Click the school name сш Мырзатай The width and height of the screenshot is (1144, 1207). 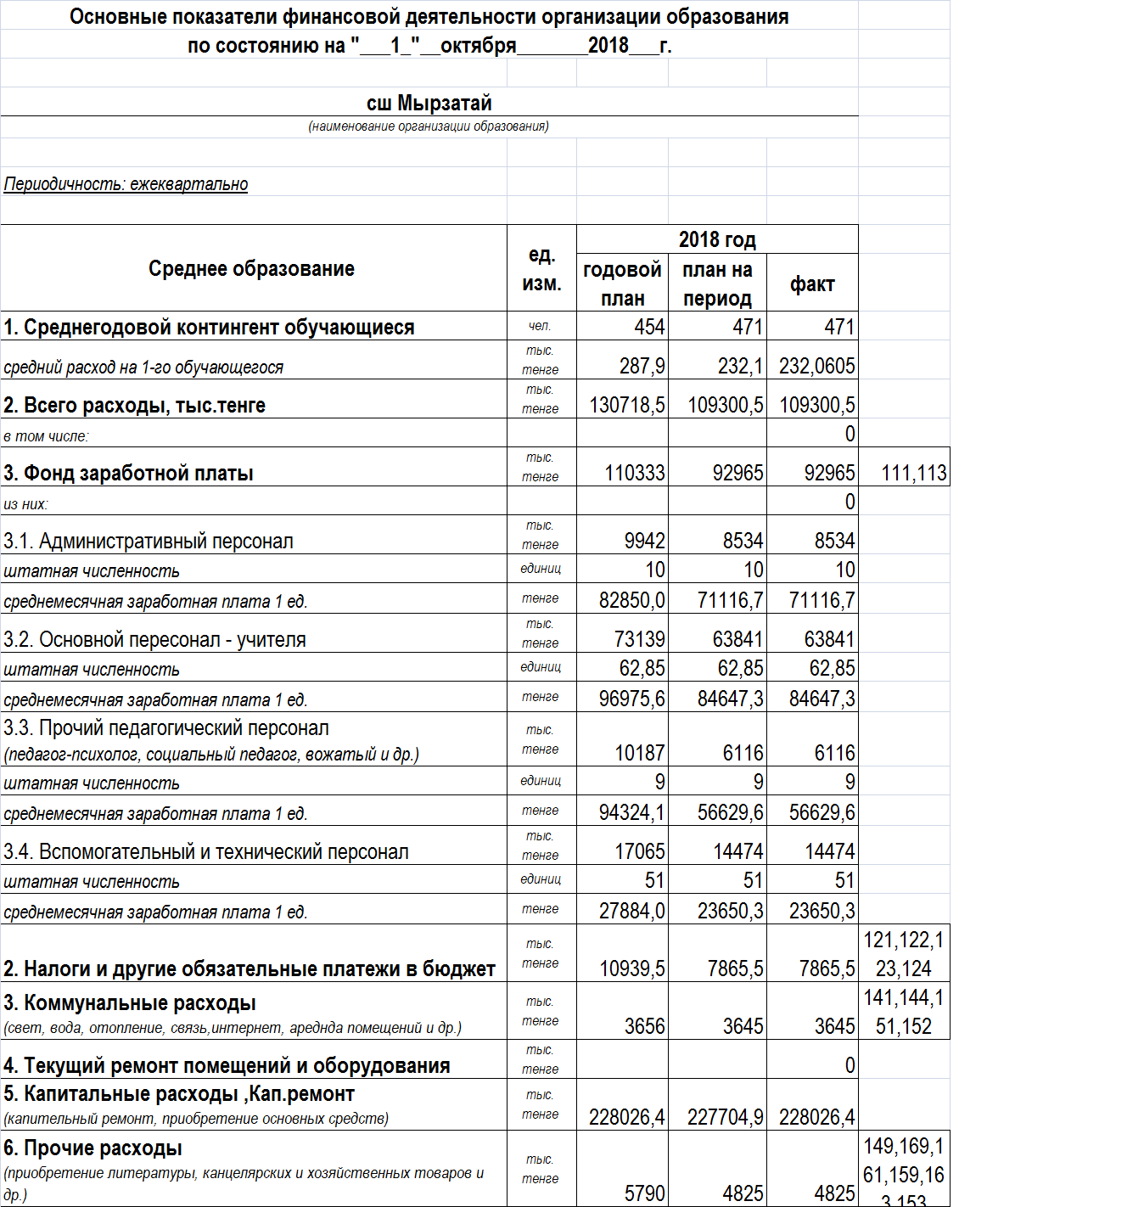429,104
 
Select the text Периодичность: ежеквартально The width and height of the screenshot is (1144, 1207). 126,184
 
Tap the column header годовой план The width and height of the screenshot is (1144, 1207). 622,284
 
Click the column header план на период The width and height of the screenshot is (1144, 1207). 717,284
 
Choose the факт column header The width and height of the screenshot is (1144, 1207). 812,284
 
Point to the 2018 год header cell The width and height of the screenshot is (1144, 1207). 717,239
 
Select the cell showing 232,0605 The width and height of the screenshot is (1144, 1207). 816,366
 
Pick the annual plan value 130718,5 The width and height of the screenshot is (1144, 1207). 627,405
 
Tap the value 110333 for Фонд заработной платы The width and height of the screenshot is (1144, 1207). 634,473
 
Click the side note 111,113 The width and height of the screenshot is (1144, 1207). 913,473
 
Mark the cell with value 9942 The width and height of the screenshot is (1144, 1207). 644,541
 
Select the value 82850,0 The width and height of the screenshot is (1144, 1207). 631,601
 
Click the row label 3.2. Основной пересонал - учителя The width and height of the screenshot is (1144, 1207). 154,639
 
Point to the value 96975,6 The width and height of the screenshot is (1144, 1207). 631,699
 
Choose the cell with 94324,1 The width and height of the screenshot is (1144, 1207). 631,813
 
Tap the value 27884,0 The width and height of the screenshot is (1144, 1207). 631,912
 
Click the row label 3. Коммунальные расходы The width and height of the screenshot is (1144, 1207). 130,1003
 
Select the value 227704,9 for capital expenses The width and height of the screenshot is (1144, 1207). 725,1117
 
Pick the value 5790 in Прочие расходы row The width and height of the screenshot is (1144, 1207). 644,1193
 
